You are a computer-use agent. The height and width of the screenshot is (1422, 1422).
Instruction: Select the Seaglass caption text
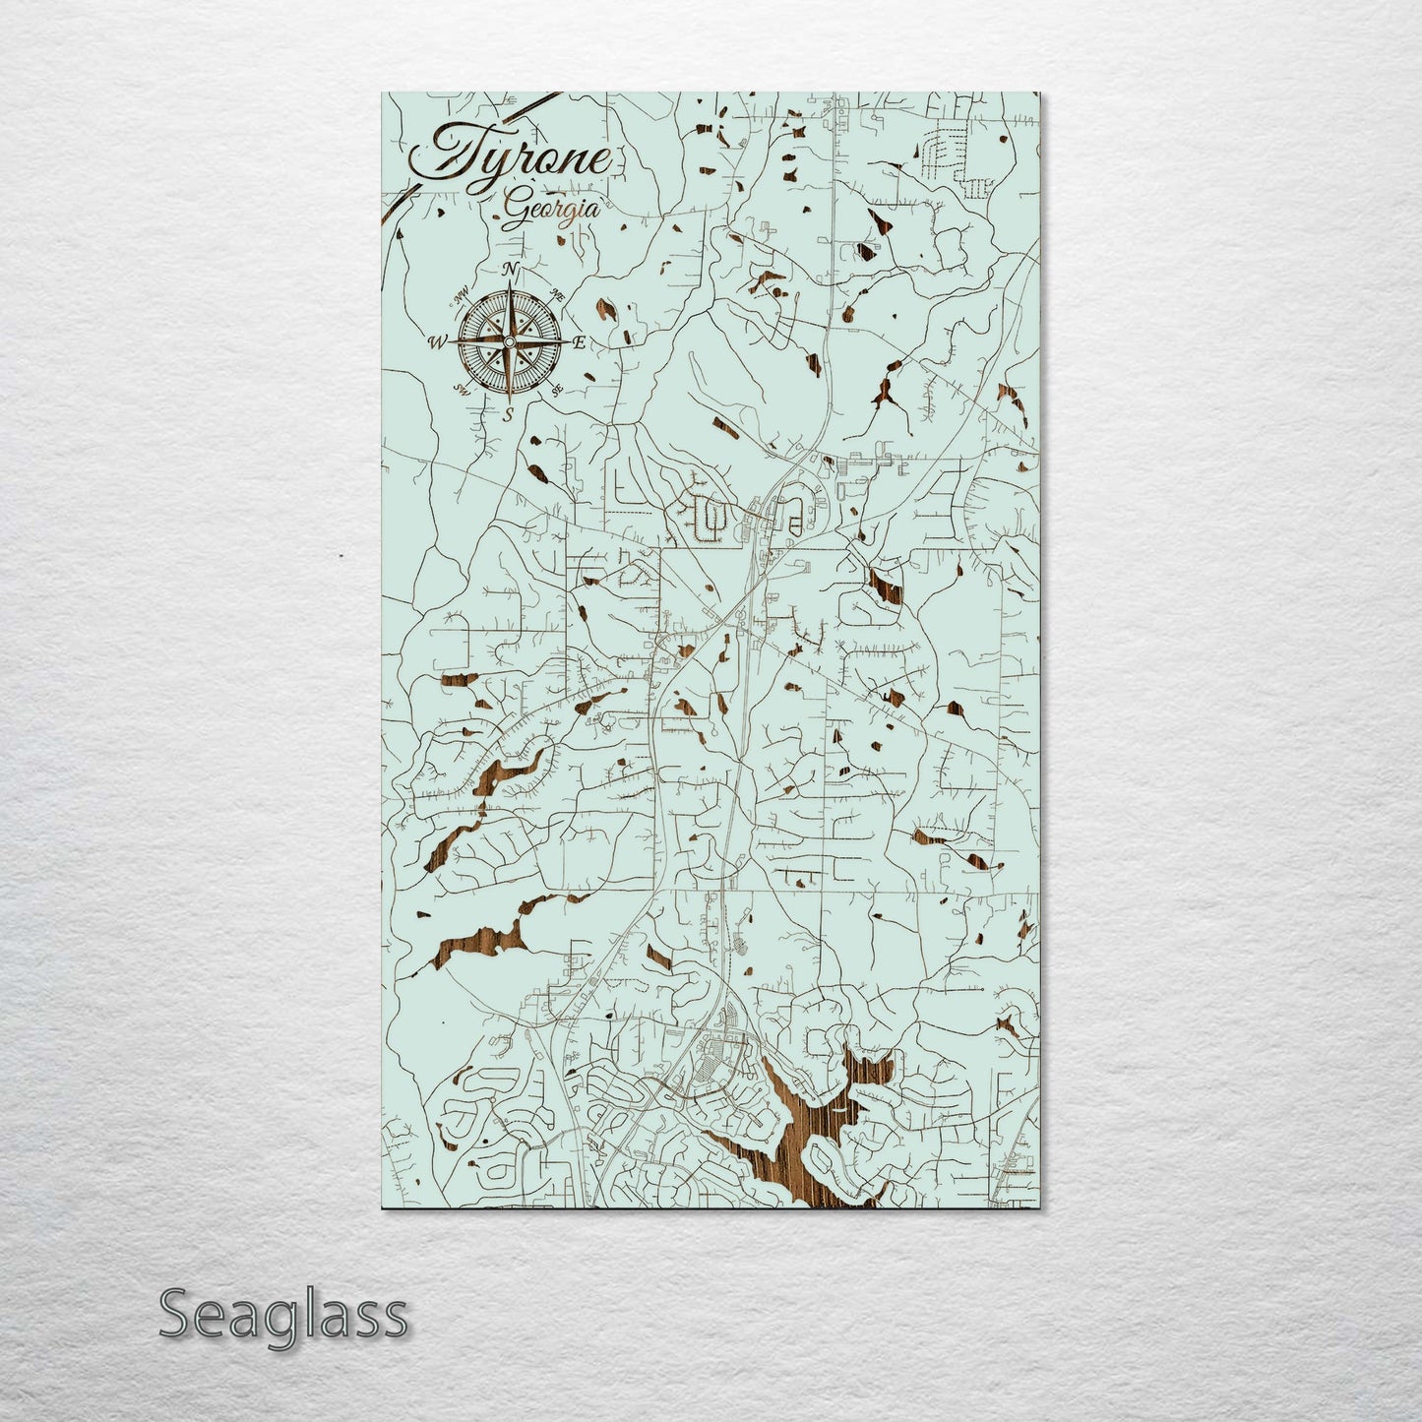tap(282, 1315)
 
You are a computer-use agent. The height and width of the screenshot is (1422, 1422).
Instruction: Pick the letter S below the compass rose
tap(509, 414)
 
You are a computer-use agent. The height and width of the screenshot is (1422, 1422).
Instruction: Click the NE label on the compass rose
tap(557, 293)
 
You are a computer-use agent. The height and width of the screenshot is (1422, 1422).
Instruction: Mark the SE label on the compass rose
tap(556, 390)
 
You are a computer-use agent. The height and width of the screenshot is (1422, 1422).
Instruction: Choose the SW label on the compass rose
tap(461, 389)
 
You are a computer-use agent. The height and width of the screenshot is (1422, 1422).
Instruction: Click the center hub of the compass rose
tap(509, 341)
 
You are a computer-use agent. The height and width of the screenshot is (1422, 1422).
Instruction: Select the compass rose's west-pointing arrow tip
tap(452, 341)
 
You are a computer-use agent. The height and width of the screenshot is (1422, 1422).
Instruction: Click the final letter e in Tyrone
tap(597, 160)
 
